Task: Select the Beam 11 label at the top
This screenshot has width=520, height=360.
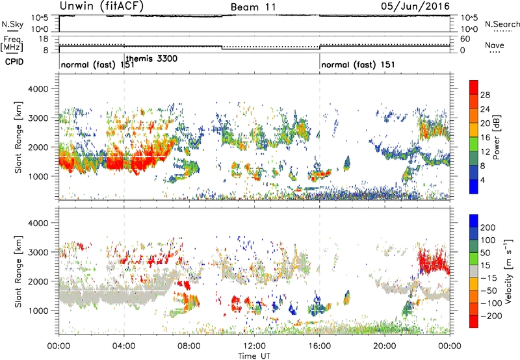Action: pos(253,7)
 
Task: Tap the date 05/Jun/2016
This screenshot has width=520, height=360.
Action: pos(415,6)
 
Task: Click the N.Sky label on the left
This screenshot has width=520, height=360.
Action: pos(12,24)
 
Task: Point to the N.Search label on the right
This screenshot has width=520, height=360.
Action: pos(502,24)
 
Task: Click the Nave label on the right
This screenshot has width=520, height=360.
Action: pos(495,45)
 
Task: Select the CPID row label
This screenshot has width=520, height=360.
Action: pos(14,62)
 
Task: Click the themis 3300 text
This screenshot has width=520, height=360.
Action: pos(152,58)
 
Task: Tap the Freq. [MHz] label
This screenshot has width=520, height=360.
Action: pos(12,44)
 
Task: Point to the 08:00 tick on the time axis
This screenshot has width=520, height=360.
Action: pos(189,346)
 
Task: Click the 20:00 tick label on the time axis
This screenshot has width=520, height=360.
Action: pos(385,346)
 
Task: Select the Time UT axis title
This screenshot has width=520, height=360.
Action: pos(254,356)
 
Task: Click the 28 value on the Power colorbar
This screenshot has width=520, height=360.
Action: pos(485,95)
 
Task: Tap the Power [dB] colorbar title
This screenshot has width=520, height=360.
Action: pos(496,137)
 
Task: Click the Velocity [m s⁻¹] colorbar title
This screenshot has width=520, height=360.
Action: pos(508,271)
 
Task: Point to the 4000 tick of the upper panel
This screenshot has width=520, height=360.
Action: pos(38,89)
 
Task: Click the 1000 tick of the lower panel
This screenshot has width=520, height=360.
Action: pos(38,311)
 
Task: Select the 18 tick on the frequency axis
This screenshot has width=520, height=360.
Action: pos(44,39)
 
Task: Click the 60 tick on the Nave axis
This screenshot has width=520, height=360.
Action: pos(465,39)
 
